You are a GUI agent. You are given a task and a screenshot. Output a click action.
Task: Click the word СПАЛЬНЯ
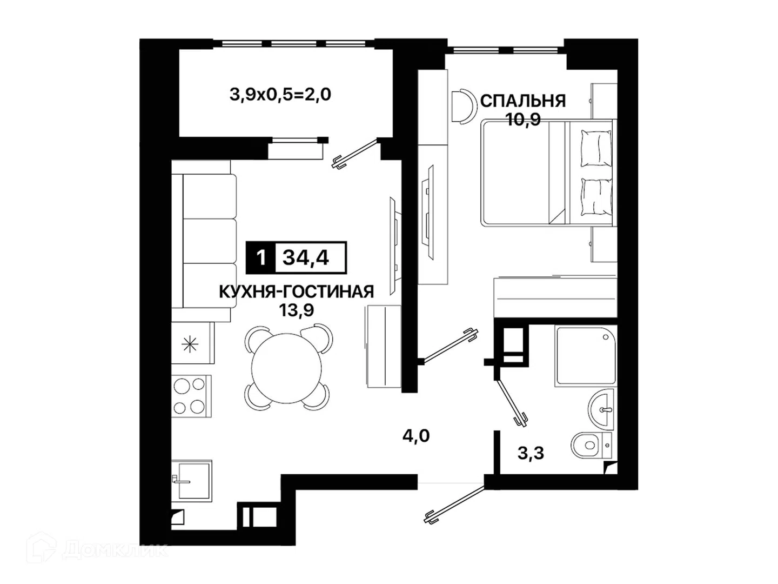click(x=523, y=101)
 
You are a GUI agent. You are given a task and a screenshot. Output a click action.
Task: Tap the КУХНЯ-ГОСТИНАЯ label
click(x=296, y=292)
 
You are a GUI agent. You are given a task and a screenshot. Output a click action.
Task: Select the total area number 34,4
click(x=306, y=258)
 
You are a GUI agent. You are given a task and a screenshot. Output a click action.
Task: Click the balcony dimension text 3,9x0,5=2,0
click(x=280, y=95)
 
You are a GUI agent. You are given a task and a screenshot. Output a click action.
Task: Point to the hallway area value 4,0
click(x=416, y=435)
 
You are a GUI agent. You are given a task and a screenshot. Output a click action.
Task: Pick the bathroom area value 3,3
click(x=531, y=453)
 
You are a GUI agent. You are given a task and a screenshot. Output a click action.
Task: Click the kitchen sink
click(x=192, y=481)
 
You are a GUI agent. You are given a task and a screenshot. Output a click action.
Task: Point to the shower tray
click(x=586, y=356)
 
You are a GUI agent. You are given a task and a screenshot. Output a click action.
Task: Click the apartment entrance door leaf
click(x=454, y=505)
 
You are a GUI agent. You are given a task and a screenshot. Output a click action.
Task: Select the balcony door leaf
click(x=355, y=154)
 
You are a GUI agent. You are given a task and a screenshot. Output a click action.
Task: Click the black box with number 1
click(x=261, y=258)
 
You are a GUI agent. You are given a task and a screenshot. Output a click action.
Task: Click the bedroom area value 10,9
click(x=523, y=120)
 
